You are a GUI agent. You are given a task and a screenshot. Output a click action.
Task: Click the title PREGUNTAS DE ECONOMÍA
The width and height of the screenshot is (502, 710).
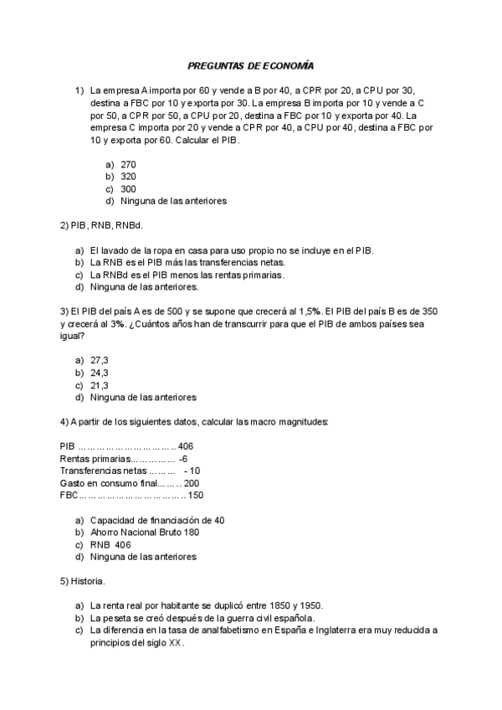point(250,65)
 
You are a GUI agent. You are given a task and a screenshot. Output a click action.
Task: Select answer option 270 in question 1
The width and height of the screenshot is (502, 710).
point(128,164)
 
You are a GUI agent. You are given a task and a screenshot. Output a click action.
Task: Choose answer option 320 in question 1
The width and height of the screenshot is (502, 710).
point(128,177)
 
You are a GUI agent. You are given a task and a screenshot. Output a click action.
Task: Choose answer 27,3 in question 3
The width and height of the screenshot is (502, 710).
point(100,360)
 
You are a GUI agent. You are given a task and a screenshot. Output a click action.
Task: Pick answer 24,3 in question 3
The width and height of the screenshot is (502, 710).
point(100,373)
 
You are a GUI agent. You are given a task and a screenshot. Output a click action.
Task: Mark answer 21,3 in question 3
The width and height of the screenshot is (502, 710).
point(100,385)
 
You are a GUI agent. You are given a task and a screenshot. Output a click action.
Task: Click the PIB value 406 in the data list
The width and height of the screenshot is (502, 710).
point(186,446)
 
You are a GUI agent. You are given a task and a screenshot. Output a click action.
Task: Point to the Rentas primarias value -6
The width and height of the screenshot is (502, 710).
point(183,459)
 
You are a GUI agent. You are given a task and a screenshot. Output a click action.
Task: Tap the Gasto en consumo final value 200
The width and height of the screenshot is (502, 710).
point(192,483)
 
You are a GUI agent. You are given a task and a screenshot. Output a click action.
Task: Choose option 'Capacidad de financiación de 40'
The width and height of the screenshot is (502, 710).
point(156,520)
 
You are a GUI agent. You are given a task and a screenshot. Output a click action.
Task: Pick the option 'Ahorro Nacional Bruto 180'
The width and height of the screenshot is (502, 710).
point(145,532)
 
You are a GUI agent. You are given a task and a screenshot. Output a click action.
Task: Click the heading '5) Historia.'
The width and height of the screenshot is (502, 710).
point(83,581)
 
